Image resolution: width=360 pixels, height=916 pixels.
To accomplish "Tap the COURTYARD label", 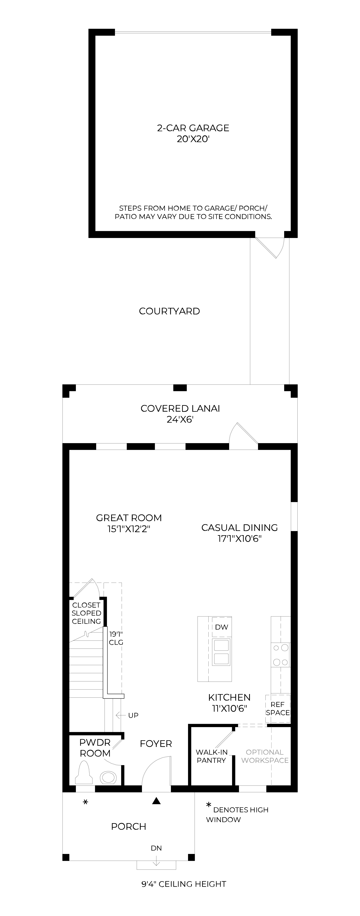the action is (x=169, y=311).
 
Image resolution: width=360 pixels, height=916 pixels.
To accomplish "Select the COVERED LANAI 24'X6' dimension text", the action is (x=180, y=420).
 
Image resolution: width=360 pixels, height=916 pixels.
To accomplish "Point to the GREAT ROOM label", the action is (x=129, y=518).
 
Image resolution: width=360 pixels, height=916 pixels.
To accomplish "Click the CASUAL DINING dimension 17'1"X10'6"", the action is (x=239, y=539).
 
